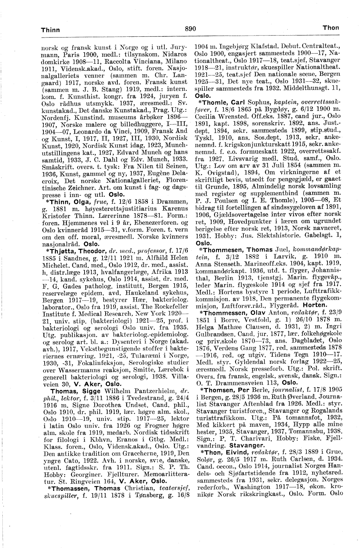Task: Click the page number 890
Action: tap(190, 28)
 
